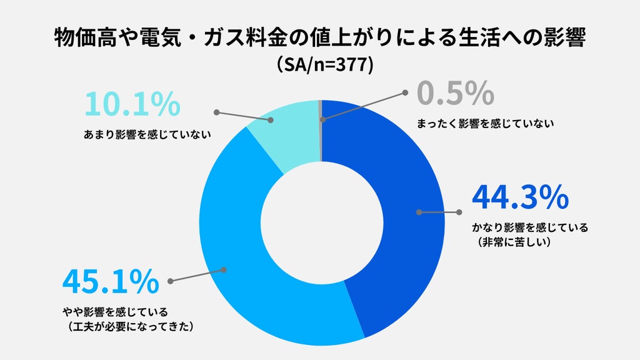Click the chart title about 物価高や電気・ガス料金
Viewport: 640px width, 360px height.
[x=320, y=38]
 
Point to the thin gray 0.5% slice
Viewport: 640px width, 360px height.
[x=321, y=131]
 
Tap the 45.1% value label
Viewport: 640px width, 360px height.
[x=111, y=281]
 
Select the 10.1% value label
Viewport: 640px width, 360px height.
[x=132, y=104]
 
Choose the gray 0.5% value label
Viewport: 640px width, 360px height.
[x=456, y=93]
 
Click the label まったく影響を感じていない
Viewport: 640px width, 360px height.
[x=485, y=123]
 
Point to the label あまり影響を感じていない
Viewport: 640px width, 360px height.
[x=147, y=134]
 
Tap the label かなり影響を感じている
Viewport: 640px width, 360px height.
[x=530, y=227]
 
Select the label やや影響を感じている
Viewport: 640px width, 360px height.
[x=115, y=312]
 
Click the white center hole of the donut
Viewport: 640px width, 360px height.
[x=322, y=223]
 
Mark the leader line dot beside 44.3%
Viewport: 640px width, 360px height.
[x=459, y=212]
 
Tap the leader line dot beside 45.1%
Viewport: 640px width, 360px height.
[x=170, y=281]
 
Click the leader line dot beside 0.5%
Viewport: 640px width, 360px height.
[x=405, y=92]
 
